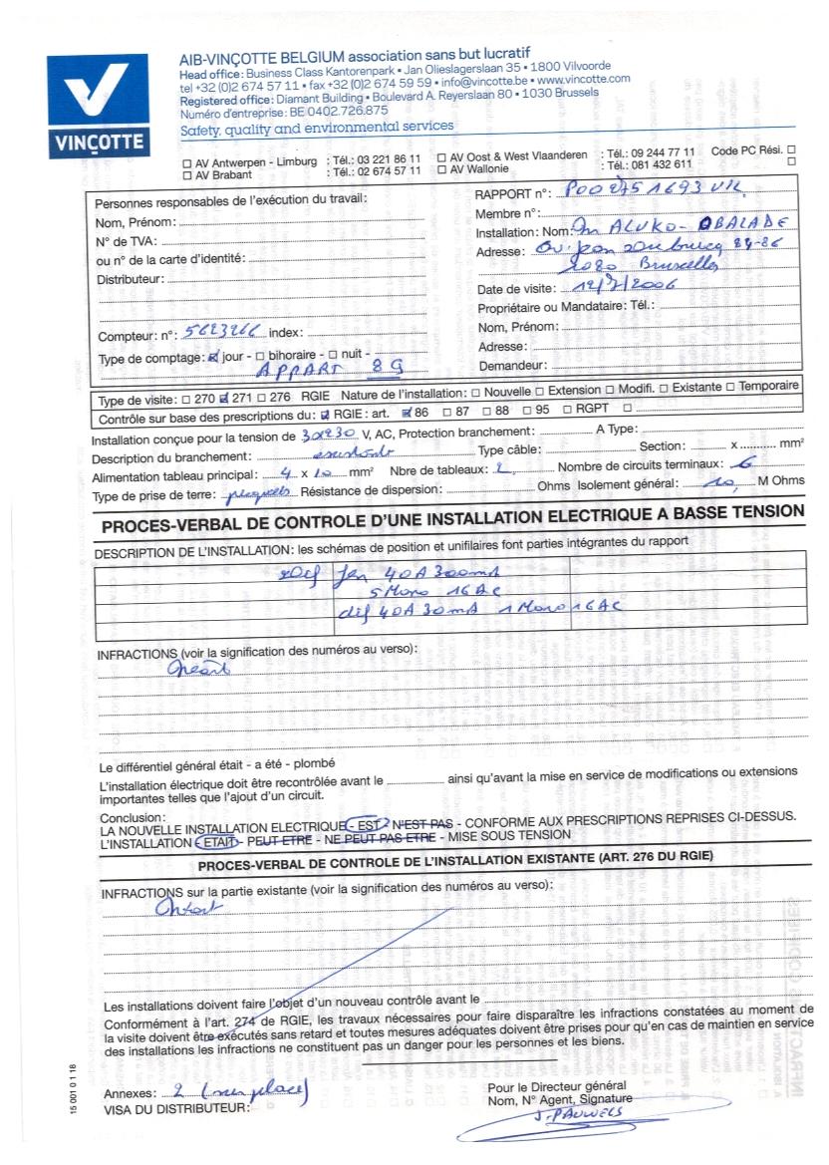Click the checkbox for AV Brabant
(186, 173)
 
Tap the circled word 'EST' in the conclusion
(366, 824)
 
